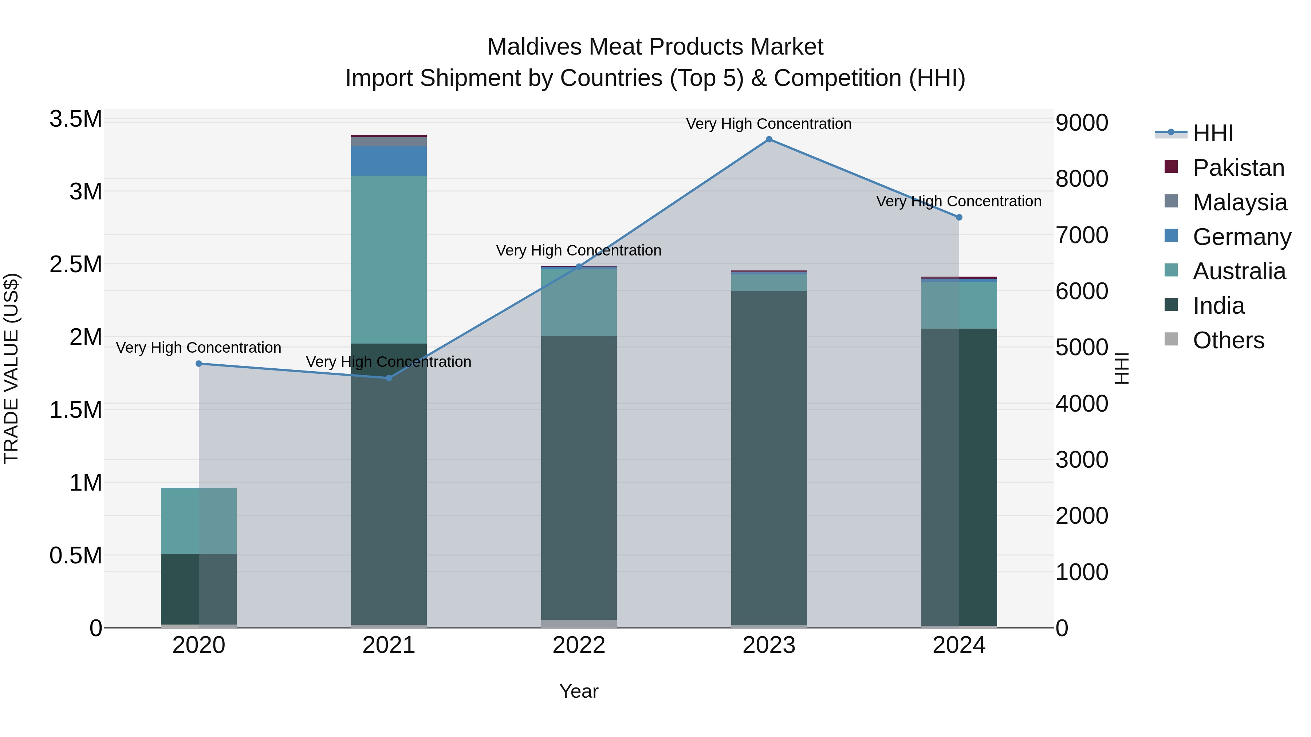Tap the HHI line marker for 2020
pos(199,364)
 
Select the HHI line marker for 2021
pos(389,378)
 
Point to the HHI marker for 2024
pos(959,217)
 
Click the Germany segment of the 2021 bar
pos(389,161)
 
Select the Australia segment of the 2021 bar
pos(389,259)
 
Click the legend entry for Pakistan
pos(1238,168)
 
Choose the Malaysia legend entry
pos(1239,202)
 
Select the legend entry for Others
pos(1228,340)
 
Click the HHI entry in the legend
pos(1212,133)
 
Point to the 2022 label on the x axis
pos(579,645)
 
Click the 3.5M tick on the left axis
pos(76,119)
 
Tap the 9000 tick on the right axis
pos(1082,123)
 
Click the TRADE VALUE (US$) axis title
pos(11,368)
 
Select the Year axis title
pos(579,691)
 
